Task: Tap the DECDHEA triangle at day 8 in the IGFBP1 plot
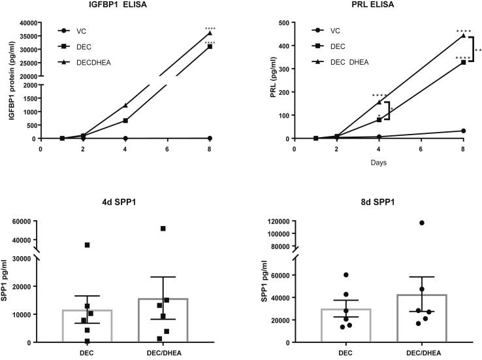(x=210, y=33)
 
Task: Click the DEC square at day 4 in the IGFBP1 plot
(x=125, y=120)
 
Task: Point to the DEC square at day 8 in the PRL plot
(x=463, y=62)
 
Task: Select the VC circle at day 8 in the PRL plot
(x=463, y=131)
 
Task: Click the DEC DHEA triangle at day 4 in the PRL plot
(x=379, y=102)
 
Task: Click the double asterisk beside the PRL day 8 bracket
(x=478, y=50)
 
